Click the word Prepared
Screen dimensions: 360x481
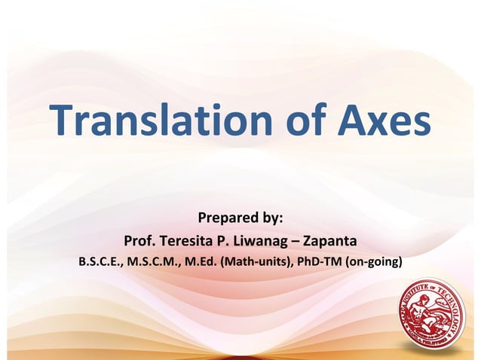pos(224,218)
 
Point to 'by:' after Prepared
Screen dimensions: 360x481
pos(268,218)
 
